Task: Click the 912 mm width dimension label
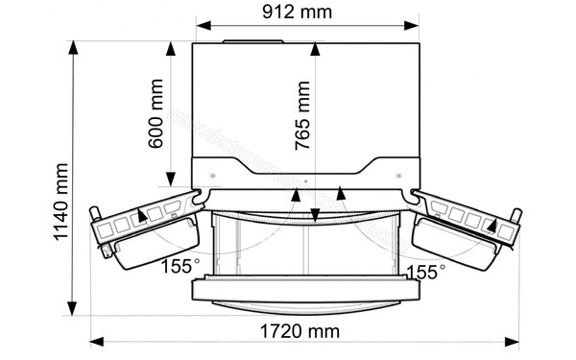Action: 306,13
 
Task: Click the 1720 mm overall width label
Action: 306,332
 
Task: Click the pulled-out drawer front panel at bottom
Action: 306,288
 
